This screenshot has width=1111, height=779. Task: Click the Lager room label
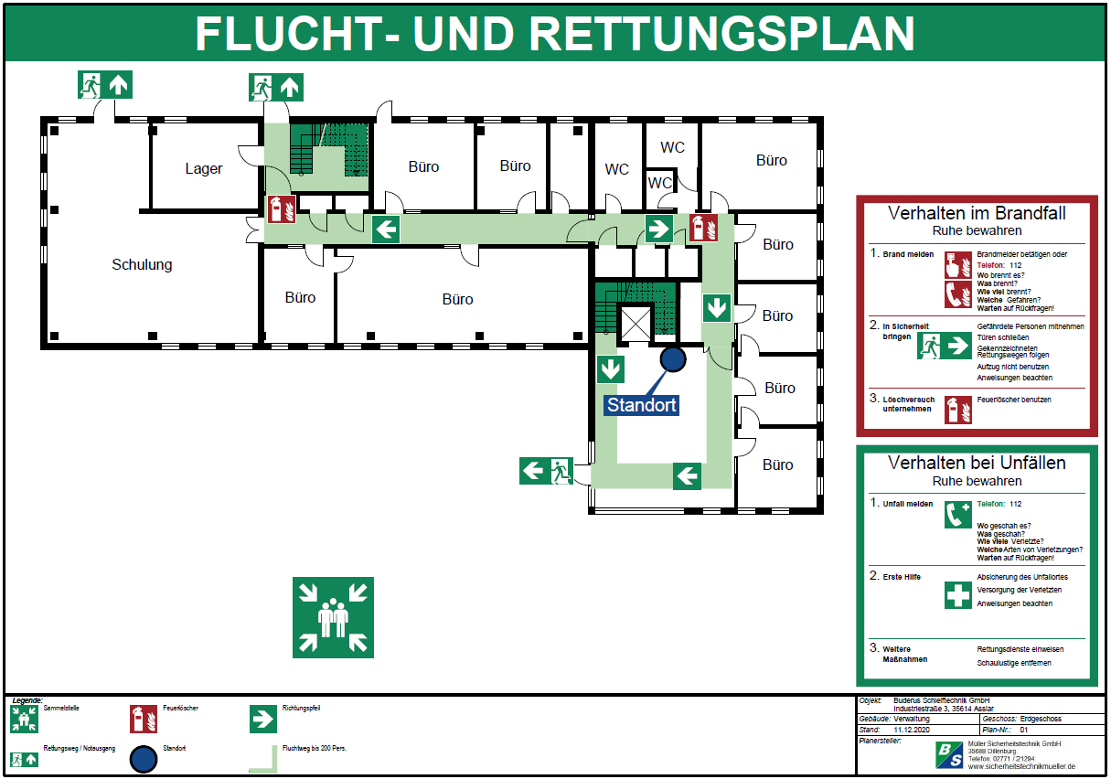(x=203, y=168)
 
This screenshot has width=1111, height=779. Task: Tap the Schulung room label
(x=142, y=265)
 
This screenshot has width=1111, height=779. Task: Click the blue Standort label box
(x=643, y=405)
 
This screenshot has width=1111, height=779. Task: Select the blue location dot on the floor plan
(x=673, y=359)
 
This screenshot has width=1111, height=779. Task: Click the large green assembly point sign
(x=333, y=617)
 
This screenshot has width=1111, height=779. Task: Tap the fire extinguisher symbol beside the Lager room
(x=281, y=209)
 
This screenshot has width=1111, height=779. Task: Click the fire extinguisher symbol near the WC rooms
(x=703, y=227)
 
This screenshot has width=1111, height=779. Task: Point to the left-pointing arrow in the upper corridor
(x=387, y=229)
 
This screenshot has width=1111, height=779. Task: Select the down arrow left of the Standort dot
(x=610, y=369)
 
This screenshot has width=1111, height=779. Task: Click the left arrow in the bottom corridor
(x=687, y=475)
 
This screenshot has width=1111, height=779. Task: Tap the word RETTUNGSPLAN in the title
(x=721, y=34)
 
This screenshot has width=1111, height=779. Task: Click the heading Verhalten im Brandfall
(x=977, y=214)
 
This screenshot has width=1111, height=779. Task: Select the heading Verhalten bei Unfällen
(x=977, y=463)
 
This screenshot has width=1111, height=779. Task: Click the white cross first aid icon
(x=957, y=595)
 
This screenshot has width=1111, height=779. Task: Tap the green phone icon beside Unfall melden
(x=957, y=515)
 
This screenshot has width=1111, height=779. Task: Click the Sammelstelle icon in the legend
(x=23, y=718)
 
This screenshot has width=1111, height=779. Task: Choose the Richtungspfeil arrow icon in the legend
(x=263, y=719)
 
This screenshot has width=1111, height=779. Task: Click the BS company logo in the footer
(x=948, y=754)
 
